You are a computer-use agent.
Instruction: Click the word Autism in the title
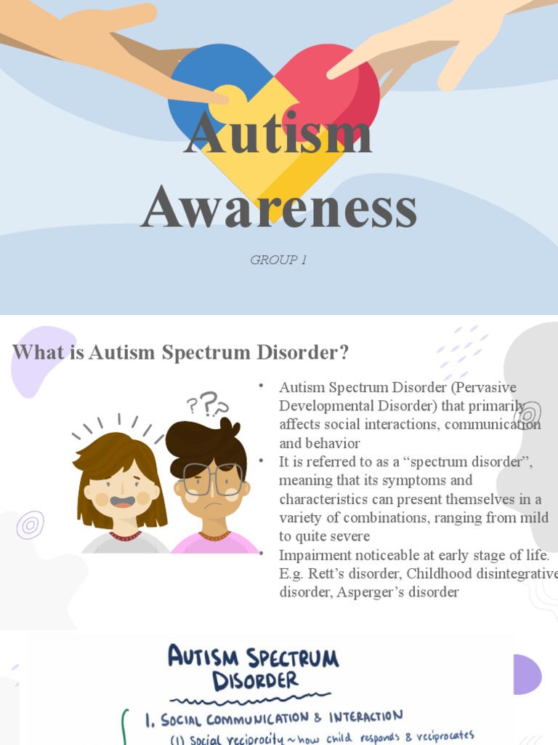click(278, 133)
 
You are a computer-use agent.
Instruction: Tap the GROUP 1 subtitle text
click(278, 260)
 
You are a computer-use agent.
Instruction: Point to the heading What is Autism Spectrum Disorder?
click(181, 353)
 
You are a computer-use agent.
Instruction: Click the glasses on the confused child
click(212, 479)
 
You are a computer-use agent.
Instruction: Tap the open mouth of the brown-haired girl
click(122, 502)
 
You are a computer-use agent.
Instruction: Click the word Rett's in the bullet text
click(323, 574)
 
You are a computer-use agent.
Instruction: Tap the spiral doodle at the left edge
click(30, 525)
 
